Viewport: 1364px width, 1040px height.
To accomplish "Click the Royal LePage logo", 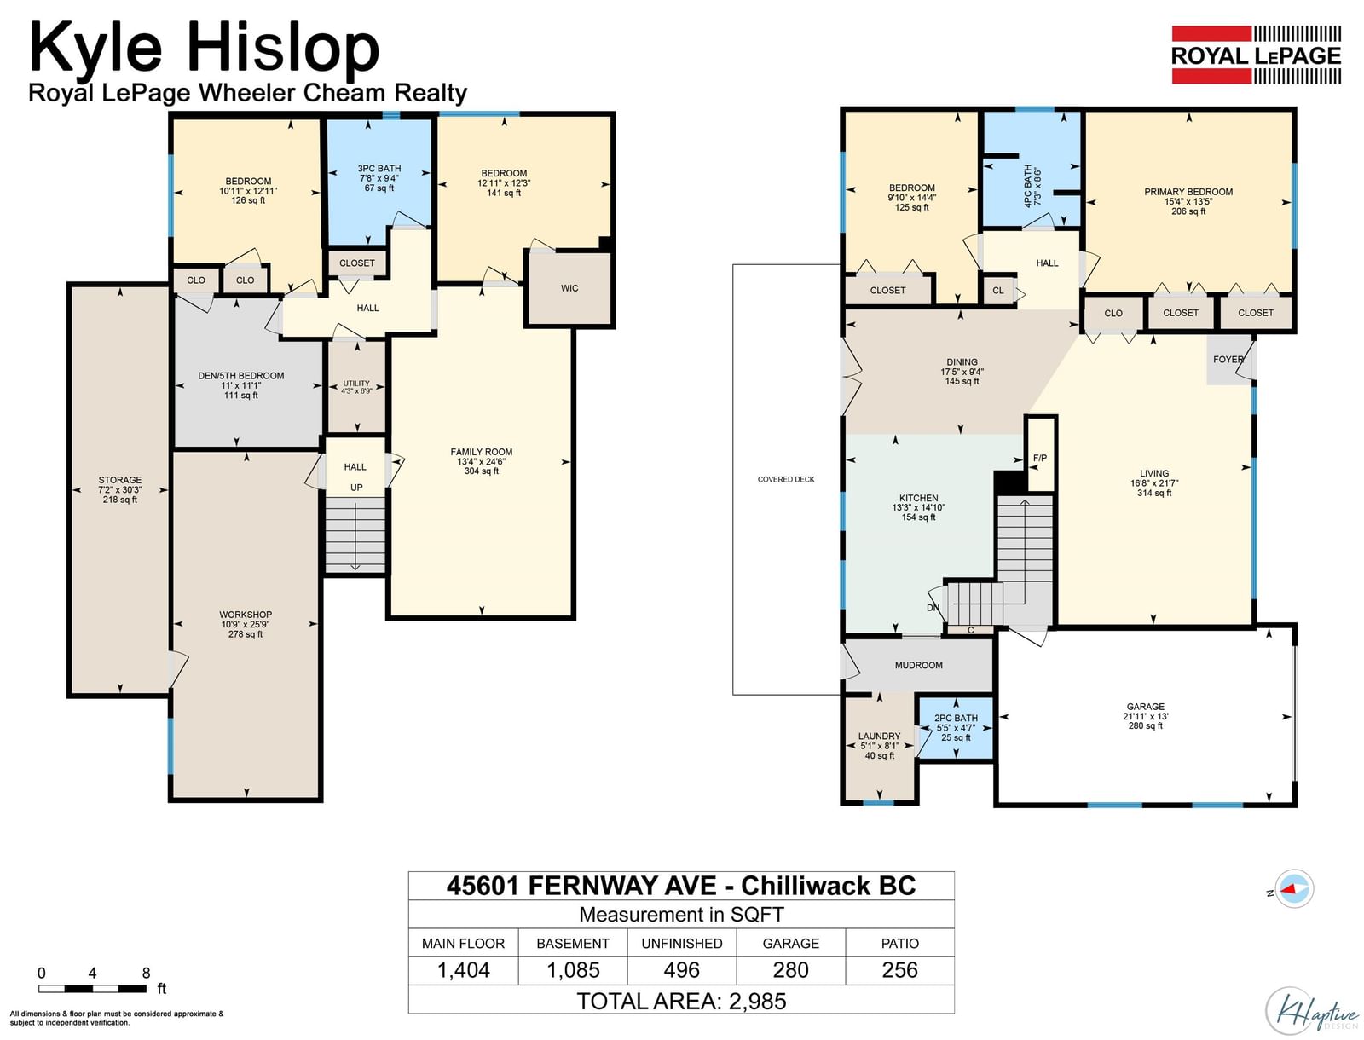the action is (1256, 55).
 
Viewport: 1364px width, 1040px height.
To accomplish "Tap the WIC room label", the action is (569, 288).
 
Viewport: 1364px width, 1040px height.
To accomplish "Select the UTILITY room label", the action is (356, 384).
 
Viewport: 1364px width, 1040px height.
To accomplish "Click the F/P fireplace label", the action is (1039, 458).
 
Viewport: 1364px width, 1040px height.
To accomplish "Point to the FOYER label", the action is (1228, 359).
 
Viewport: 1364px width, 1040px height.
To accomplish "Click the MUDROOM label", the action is (918, 666).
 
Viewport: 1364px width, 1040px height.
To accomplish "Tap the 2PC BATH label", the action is (956, 718).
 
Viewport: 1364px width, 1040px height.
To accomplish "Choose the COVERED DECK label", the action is (786, 479).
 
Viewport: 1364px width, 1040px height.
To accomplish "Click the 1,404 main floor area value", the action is (464, 970).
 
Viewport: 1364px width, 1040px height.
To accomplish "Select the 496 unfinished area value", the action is (682, 970).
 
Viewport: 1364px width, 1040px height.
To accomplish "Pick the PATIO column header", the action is (899, 943).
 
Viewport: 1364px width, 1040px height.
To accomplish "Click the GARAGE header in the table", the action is (790, 943).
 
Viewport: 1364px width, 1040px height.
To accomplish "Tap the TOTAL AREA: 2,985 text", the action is (682, 1001).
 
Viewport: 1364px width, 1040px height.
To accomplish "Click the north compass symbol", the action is (1294, 889).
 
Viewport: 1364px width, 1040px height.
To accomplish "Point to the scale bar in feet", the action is (93, 988).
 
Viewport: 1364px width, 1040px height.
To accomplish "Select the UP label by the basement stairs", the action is (356, 488).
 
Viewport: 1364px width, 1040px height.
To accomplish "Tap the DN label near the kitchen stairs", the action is (933, 608).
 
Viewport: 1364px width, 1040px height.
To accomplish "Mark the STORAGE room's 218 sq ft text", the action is (120, 500).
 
